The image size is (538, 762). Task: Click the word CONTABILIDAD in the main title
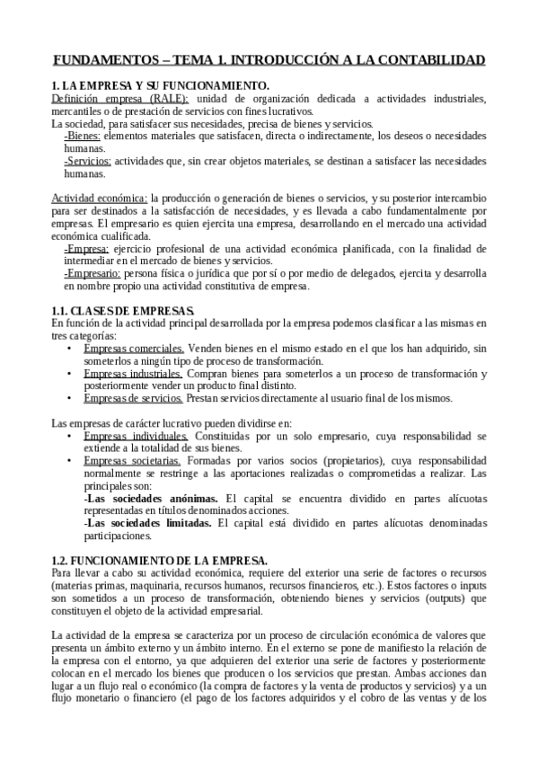coord(428,60)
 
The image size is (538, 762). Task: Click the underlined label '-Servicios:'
coord(88,161)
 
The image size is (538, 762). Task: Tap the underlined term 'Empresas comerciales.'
coord(134,348)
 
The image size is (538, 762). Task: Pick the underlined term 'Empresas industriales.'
coord(134,373)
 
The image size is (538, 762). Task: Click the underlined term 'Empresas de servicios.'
coord(134,398)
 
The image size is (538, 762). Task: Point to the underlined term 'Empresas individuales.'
coord(136,436)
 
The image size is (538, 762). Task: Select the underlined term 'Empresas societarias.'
coord(132,461)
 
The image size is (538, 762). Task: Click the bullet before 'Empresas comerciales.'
coord(70,348)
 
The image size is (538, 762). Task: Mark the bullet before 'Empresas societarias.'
coord(70,461)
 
